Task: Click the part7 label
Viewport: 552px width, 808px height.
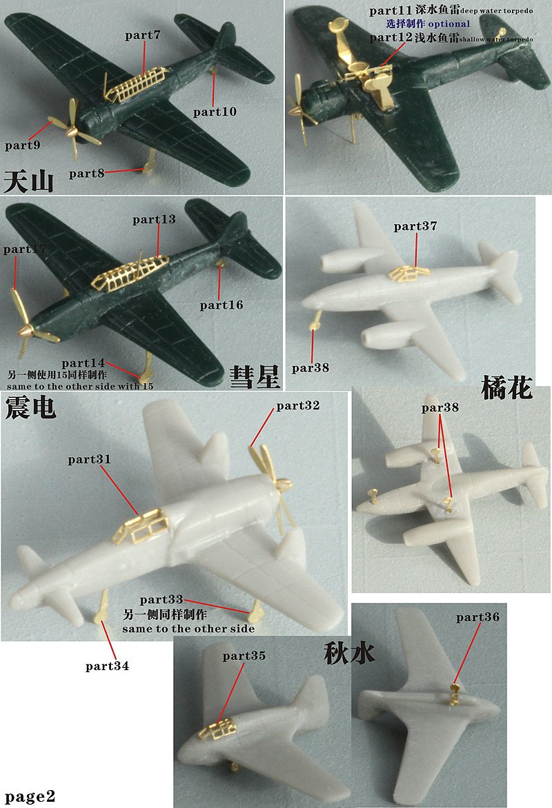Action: pos(142,35)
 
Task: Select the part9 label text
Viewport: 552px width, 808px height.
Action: pos(23,145)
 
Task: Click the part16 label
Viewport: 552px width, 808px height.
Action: pos(221,305)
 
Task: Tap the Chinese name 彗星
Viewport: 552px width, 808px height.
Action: pos(255,376)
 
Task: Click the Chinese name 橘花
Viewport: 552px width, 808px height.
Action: pos(507,387)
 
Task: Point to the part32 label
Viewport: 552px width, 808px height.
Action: pos(298,406)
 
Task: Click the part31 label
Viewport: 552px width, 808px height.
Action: pos(89,458)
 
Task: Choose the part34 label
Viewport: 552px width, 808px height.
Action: pos(107,666)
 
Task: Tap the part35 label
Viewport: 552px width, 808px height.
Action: pos(244,656)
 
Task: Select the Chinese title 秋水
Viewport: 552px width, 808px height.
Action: pos(349,653)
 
